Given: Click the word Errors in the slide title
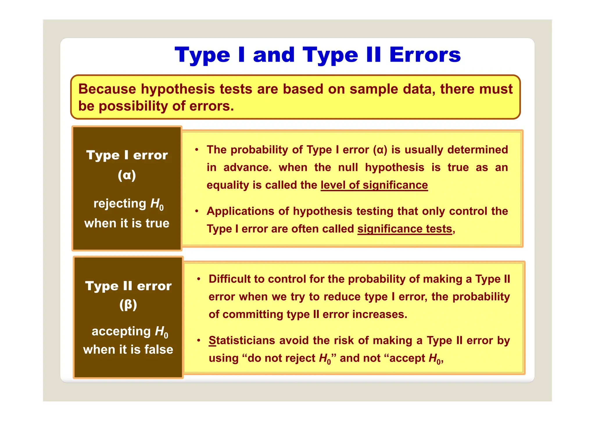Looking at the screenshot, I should (x=425, y=55).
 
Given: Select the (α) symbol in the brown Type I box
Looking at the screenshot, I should (x=127, y=175).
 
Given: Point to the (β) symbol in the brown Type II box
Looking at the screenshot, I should (x=128, y=305).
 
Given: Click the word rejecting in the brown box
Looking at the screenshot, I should (x=120, y=204).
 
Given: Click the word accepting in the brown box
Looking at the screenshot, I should (x=121, y=331).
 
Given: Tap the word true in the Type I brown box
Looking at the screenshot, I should (x=157, y=223).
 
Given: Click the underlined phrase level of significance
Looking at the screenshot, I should (x=374, y=185).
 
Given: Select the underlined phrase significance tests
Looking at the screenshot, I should (x=405, y=229).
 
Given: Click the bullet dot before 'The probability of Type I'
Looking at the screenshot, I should (x=197, y=150).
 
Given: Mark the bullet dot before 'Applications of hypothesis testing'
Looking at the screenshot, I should (x=197, y=211).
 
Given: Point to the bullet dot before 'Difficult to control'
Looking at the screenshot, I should (x=199, y=279).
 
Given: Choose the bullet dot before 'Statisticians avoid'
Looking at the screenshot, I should (x=199, y=341).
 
